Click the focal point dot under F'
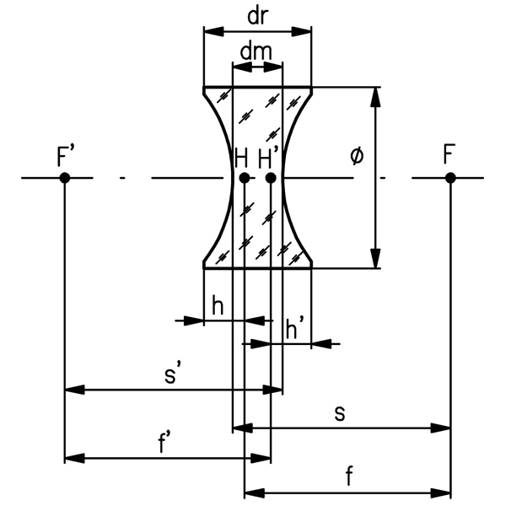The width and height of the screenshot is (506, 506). (65, 177)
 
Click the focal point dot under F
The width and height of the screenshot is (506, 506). (450, 177)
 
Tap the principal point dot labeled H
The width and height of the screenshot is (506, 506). (244, 178)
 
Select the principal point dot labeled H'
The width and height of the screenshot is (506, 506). (271, 178)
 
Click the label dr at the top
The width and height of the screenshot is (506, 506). (258, 14)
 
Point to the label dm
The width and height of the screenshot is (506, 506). (256, 50)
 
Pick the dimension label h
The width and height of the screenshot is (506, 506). (218, 305)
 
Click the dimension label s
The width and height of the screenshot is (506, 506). (339, 413)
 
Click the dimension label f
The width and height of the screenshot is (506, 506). (348, 476)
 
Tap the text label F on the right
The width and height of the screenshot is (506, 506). (449, 155)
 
